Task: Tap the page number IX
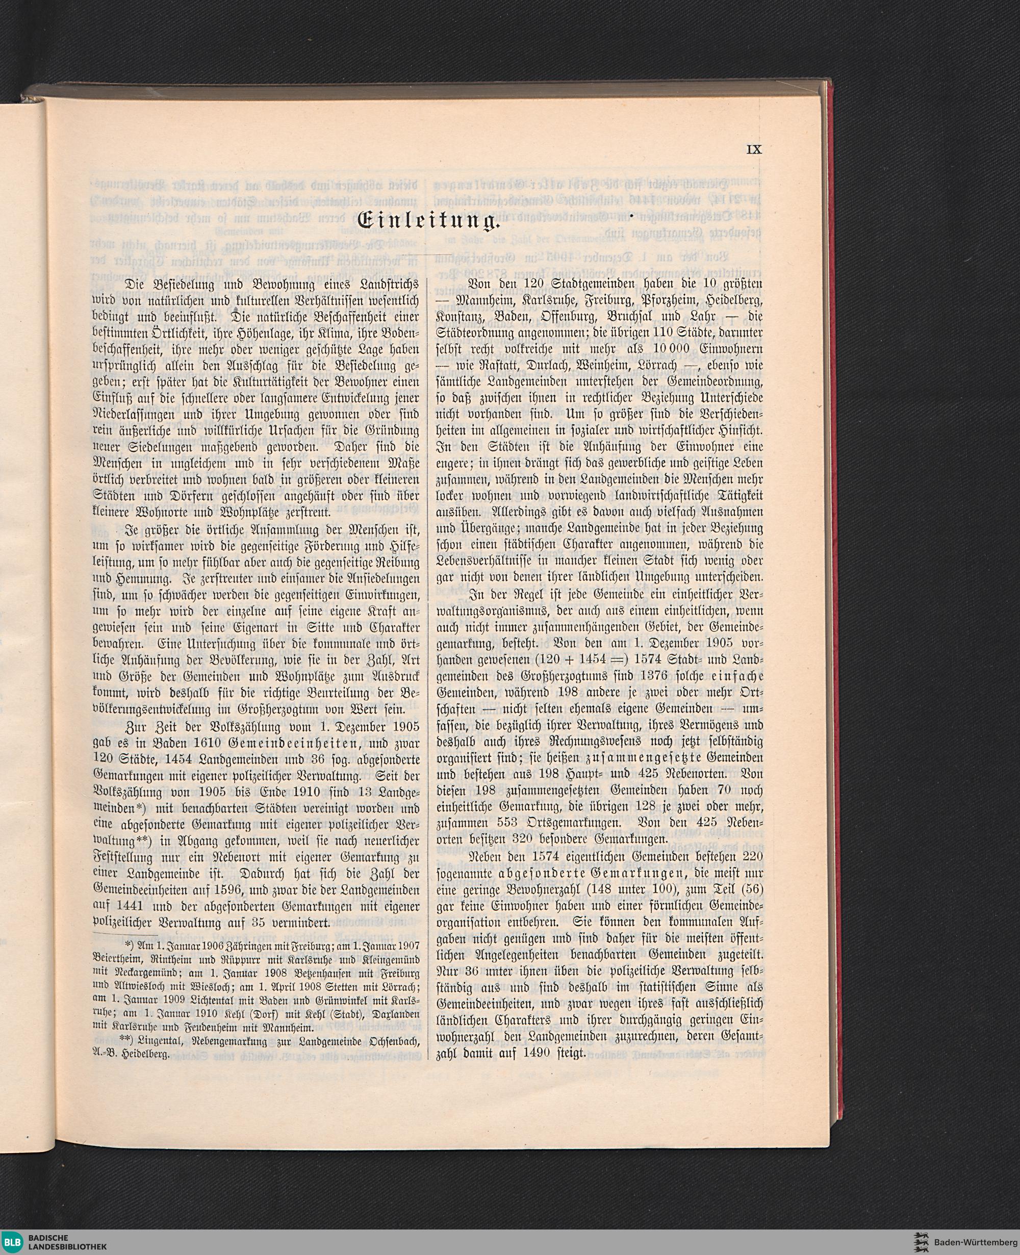(754, 150)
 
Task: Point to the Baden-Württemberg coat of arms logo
(920, 1237)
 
